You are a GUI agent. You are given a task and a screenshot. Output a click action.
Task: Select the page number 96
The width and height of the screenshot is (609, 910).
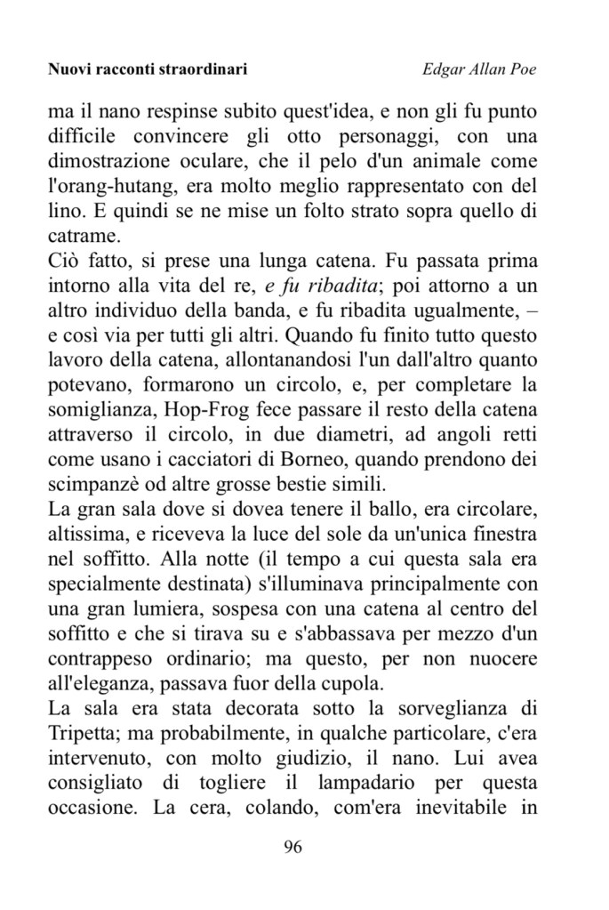click(x=293, y=846)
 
